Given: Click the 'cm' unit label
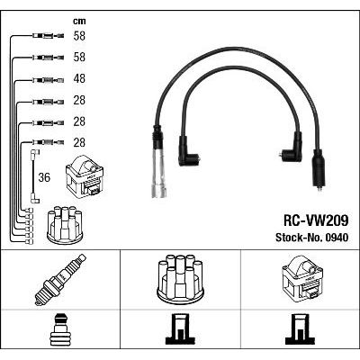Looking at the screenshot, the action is pyautogui.click(x=79, y=22).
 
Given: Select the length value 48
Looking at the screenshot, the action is pyautogui.click(x=79, y=78).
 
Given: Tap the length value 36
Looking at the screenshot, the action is pyautogui.click(x=44, y=177).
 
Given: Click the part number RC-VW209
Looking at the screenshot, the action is pyautogui.click(x=316, y=221).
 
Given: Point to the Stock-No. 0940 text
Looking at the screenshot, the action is pyautogui.click(x=312, y=238).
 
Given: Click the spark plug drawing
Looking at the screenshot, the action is pyautogui.click(x=60, y=280).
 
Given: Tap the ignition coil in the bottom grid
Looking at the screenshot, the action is pyautogui.click(x=302, y=278).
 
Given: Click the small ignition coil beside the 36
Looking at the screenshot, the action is pyautogui.click(x=85, y=176).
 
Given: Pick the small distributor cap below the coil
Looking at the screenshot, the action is pyautogui.click(x=65, y=225).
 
